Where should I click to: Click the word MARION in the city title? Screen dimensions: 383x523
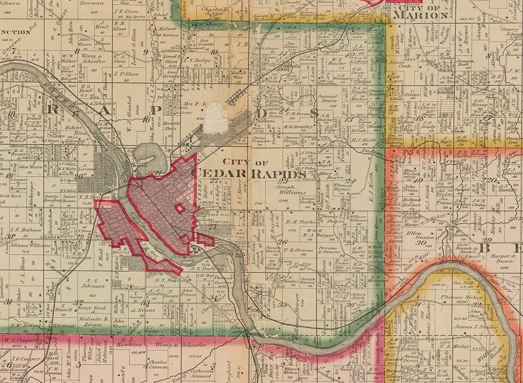(x=420, y=16)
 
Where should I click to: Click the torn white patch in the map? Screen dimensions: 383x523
(x=216, y=117)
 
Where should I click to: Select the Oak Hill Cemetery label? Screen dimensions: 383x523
(x=221, y=218)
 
